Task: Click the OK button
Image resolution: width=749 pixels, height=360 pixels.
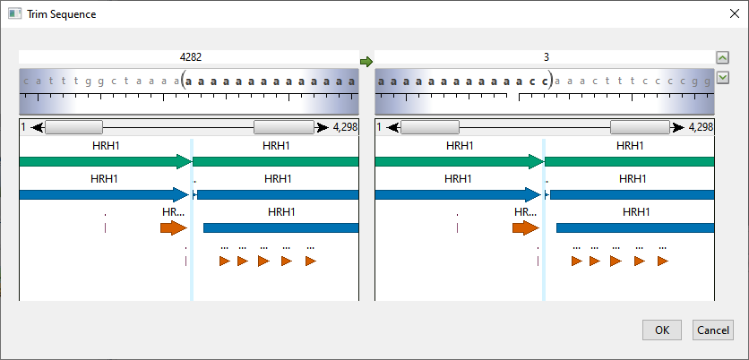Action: click(661, 330)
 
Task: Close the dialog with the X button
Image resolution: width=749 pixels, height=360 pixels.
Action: click(733, 14)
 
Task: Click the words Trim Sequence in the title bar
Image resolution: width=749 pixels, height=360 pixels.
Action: click(62, 14)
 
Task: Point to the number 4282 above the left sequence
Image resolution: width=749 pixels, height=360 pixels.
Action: click(191, 56)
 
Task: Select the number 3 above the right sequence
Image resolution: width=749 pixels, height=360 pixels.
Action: click(547, 56)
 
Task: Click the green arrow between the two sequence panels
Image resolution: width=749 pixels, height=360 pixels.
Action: click(366, 61)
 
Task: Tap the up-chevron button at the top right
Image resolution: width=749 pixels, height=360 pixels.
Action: click(722, 57)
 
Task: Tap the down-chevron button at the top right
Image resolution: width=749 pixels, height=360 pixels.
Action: click(722, 77)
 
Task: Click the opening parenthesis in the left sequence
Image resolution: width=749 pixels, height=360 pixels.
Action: click(184, 81)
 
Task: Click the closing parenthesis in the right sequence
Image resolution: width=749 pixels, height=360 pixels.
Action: click(551, 81)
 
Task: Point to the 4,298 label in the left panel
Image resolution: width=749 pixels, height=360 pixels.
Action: click(345, 127)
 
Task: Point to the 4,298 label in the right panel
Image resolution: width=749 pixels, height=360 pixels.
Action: click(702, 127)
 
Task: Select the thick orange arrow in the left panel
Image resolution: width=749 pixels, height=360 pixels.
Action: click(172, 227)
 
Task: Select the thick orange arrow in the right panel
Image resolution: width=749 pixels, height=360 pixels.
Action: click(525, 227)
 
